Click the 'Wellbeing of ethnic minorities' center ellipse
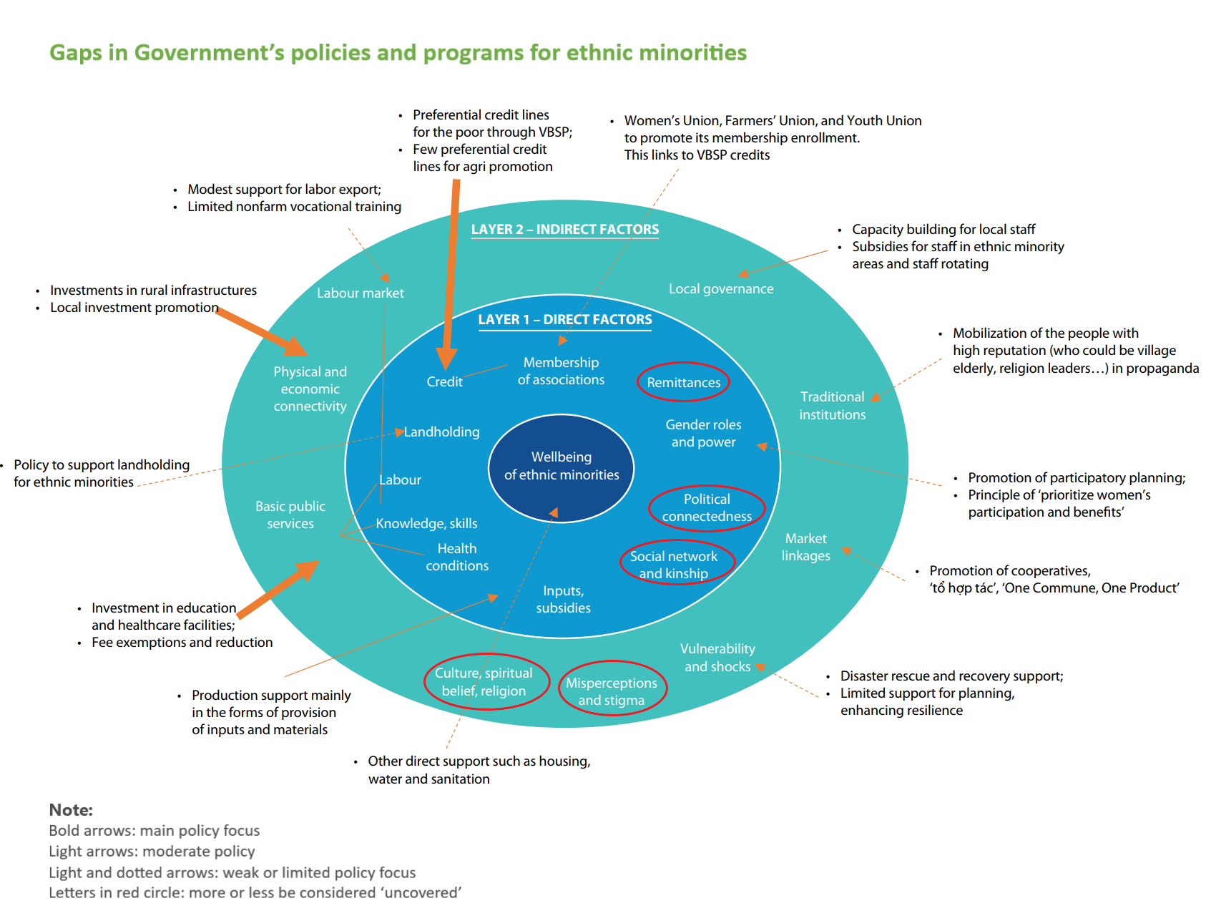pyautogui.click(x=562, y=466)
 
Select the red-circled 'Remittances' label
pyautogui.click(x=684, y=382)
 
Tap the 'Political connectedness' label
pyautogui.click(x=707, y=507)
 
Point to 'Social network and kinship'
pyautogui.click(x=674, y=565)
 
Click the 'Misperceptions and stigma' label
pyautogui.click(x=612, y=691)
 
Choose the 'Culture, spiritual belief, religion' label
pyautogui.click(x=484, y=681)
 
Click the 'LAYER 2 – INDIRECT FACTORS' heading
pyautogui.click(x=565, y=229)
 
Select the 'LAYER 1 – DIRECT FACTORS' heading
pyautogui.click(x=565, y=319)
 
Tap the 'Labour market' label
pyautogui.click(x=361, y=293)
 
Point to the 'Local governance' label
pyautogui.click(x=721, y=288)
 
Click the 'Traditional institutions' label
pyautogui.click(x=832, y=405)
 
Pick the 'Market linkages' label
pyautogui.click(x=805, y=547)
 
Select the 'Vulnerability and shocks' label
pyautogui.click(x=717, y=657)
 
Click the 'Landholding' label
pyautogui.click(x=442, y=432)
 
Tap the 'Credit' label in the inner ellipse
pyautogui.click(x=444, y=381)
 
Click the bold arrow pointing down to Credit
pyautogui.click(x=451, y=272)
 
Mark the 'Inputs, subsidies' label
pyautogui.click(x=563, y=599)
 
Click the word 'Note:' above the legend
pyautogui.click(x=71, y=809)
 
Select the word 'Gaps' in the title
pyautogui.click(x=75, y=52)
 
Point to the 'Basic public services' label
pyautogui.click(x=290, y=515)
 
